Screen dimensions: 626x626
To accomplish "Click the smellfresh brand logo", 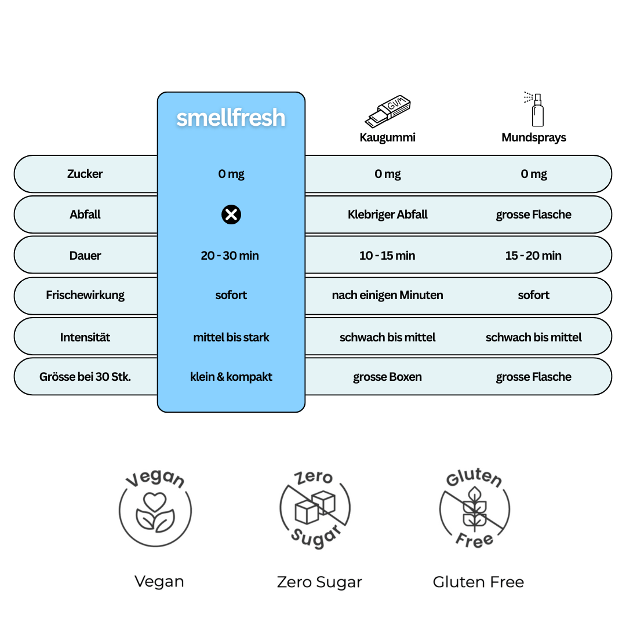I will [231, 118].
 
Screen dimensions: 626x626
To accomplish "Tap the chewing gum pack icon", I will [388, 111].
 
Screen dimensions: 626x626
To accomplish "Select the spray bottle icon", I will [536, 109].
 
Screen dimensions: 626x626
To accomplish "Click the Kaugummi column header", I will [387, 137].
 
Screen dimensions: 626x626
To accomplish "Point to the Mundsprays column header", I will [533, 137].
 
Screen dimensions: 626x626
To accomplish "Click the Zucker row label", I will [85, 174].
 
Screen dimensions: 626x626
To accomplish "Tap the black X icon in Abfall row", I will [231, 215].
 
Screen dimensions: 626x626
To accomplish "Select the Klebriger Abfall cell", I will [387, 214].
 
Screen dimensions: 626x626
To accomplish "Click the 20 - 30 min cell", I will [230, 256].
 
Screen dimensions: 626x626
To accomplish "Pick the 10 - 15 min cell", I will [387, 256].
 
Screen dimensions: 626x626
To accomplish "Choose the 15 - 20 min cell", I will [533, 256].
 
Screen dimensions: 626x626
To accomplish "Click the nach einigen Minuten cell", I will [387, 295].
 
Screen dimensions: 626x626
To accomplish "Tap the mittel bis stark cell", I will [231, 337].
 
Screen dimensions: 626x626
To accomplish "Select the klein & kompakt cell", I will [231, 377].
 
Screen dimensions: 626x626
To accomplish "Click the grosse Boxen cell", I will [387, 377].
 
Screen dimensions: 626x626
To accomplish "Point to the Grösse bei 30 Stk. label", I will [85, 377].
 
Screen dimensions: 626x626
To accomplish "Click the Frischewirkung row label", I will [85, 295].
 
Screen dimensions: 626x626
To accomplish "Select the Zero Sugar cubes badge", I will [315, 507].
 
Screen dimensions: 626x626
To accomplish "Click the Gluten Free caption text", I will [478, 582].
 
